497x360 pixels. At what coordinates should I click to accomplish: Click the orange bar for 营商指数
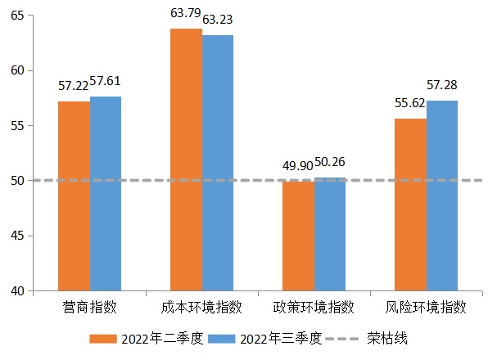75,196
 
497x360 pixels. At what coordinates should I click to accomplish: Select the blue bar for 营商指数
106,194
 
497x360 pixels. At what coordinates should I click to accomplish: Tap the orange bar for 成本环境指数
186,160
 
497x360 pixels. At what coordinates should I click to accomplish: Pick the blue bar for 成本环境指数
218,163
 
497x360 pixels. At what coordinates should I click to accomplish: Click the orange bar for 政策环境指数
298,236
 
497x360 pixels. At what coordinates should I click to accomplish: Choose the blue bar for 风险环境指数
442,196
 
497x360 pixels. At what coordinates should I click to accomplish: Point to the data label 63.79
186,13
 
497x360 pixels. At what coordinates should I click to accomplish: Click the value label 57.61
106,82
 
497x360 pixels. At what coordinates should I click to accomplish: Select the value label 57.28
442,86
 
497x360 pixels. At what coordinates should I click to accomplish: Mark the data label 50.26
330,162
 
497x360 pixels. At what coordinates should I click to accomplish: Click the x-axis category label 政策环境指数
314,308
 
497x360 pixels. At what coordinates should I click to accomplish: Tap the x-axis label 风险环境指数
426,308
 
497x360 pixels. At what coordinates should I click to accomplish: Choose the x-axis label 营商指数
90,308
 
